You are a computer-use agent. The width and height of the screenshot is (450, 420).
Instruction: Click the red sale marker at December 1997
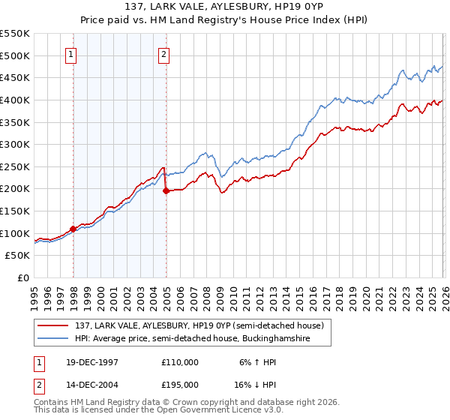pyautogui.click(x=73, y=229)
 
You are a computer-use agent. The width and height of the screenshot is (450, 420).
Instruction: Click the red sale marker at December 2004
pyautogui.click(x=166, y=190)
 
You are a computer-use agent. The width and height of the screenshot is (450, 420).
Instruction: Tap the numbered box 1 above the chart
pyautogui.click(x=70, y=53)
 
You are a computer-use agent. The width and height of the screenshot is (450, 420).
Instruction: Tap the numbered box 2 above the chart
pyautogui.click(x=163, y=53)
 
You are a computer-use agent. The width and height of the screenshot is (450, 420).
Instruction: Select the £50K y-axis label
pyautogui.click(x=17, y=256)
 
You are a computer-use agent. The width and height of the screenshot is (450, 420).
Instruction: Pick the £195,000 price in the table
pyautogui.click(x=180, y=383)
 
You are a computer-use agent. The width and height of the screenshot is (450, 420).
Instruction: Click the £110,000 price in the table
pyautogui.click(x=180, y=362)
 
